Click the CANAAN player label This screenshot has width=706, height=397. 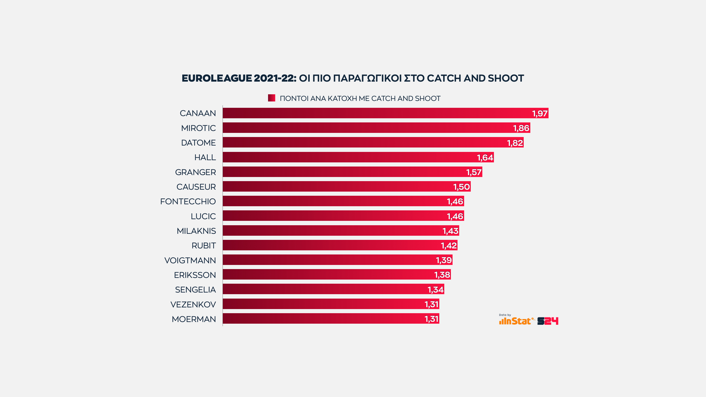(x=197, y=113)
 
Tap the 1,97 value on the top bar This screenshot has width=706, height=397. (x=540, y=114)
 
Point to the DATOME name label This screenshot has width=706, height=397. (x=198, y=143)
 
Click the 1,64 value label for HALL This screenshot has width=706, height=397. (x=485, y=158)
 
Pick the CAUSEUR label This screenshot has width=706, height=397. (x=196, y=187)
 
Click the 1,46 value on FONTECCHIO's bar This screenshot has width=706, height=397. (x=455, y=202)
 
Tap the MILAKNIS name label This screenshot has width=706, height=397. (x=196, y=231)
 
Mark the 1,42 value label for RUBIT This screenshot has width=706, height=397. (x=449, y=246)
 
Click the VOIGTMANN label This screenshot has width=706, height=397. (x=190, y=261)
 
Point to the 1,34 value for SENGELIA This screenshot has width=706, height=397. (x=435, y=290)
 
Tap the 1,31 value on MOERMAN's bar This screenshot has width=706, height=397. (x=431, y=319)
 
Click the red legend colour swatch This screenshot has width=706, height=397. (x=271, y=98)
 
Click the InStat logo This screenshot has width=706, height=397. (x=515, y=321)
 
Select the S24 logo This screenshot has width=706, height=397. (x=548, y=321)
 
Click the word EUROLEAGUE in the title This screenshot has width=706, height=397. (x=217, y=78)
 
